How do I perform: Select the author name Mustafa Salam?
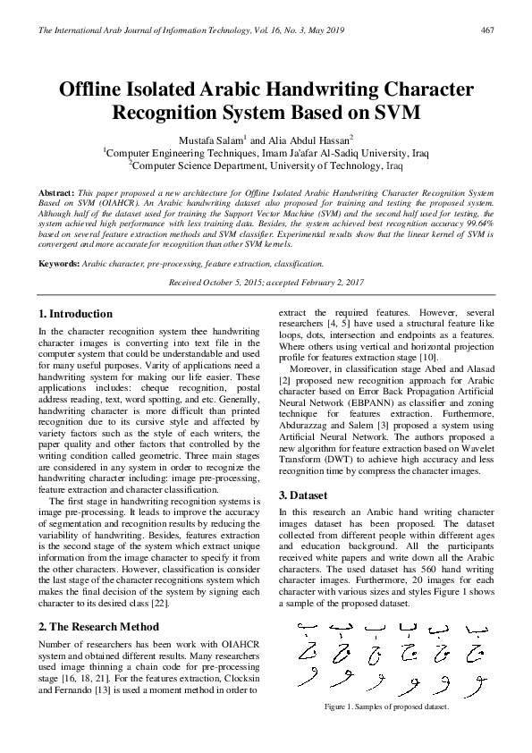coord(213,140)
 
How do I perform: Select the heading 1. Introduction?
coord(76,314)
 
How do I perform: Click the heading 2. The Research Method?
coord(99,627)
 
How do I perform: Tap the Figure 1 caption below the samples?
coord(386,706)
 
